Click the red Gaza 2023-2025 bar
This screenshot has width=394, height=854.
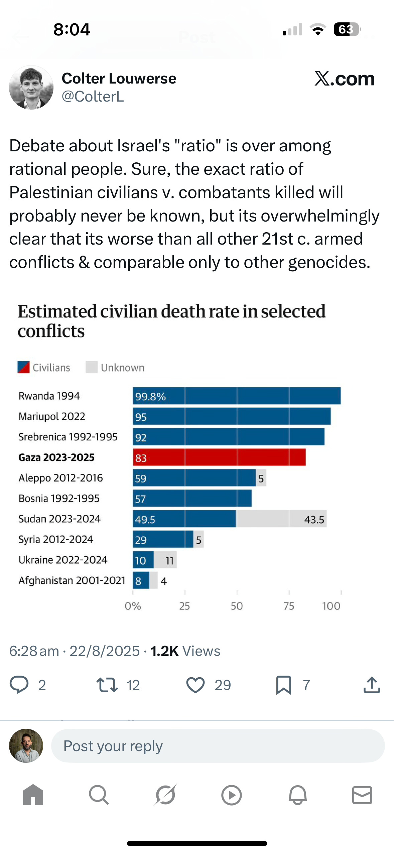click(x=219, y=457)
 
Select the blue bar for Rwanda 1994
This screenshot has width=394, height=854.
click(x=237, y=396)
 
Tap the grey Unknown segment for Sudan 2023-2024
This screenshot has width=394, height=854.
click(x=281, y=519)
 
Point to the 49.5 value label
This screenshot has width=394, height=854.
click(x=145, y=520)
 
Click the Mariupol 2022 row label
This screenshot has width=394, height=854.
click(x=52, y=416)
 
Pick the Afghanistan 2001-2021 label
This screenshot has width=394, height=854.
click(x=72, y=580)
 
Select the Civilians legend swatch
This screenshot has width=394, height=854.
click(x=24, y=367)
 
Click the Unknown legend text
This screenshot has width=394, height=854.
click(x=123, y=368)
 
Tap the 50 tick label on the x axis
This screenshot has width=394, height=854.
click(x=237, y=606)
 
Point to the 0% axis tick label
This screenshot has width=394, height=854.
click(x=133, y=606)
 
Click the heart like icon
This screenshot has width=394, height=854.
click(x=195, y=685)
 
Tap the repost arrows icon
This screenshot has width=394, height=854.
click(x=107, y=685)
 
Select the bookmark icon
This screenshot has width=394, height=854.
click(x=284, y=685)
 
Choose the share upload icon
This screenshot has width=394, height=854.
click(x=372, y=685)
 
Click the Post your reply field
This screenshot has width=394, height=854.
click(x=218, y=745)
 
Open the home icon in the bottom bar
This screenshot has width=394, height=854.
click(x=33, y=795)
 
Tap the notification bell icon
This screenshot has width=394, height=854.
click(x=297, y=795)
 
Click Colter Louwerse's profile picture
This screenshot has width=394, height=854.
click(x=31, y=88)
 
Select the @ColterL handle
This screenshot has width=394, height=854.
click(x=93, y=97)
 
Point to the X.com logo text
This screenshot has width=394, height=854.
click(x=345, y=79)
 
